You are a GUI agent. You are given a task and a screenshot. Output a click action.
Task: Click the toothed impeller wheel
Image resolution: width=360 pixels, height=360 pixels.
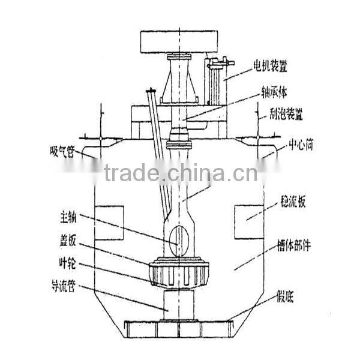[x=180, y=273]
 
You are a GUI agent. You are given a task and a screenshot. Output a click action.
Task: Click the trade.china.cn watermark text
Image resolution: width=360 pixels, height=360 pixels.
[x=180, y=173]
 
